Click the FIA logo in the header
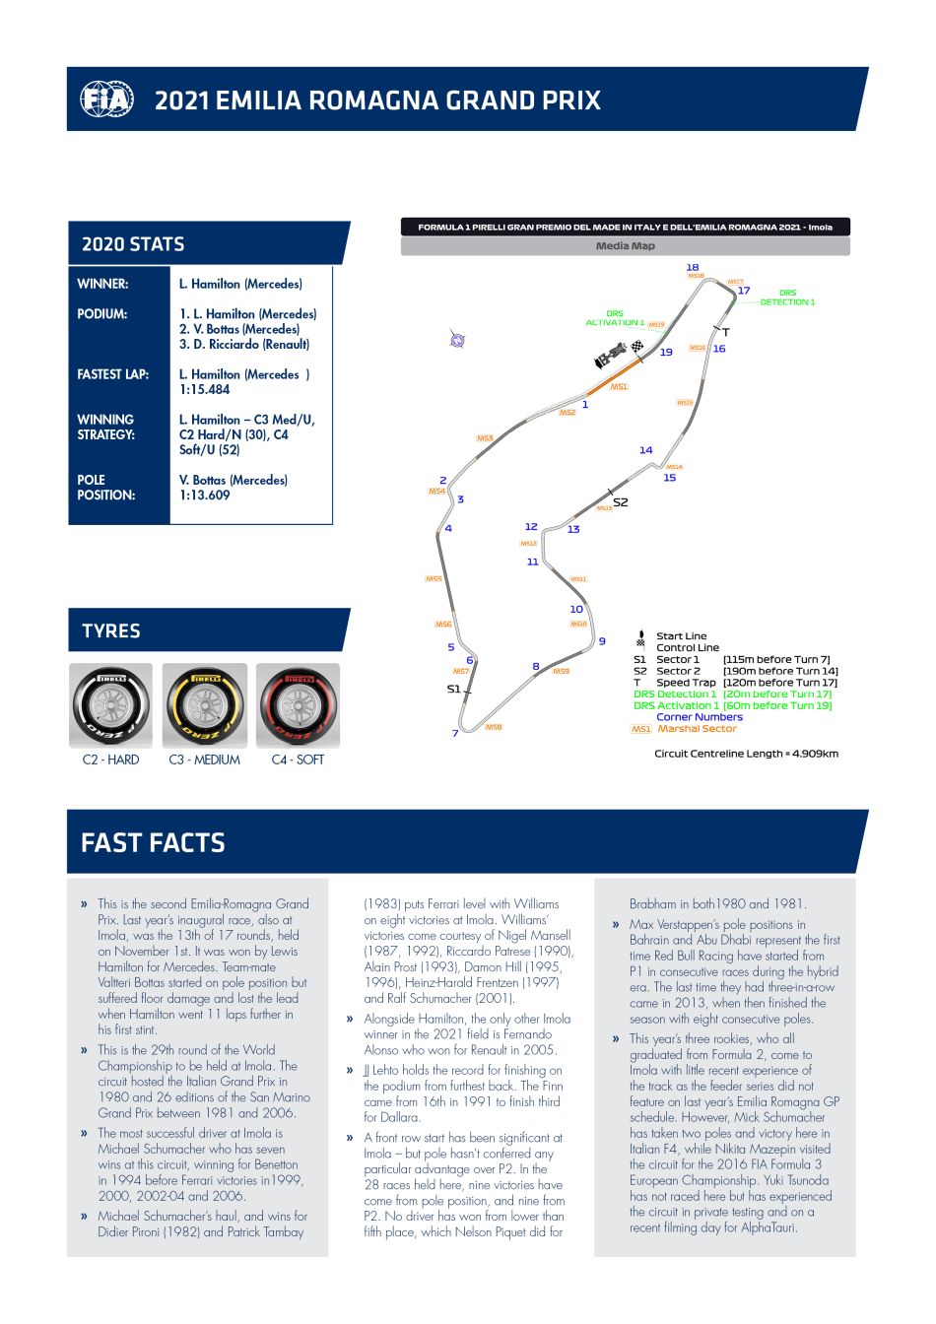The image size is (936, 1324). (x=106, y=99)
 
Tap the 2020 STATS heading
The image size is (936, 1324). (x=133, y=244)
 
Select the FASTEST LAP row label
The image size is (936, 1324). (x=112, y=374)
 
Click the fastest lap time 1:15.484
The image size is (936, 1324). (x=204, y=390)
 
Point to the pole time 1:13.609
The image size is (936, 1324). (x=204, y=496)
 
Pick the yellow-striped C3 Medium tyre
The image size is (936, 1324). (x=205, y=705)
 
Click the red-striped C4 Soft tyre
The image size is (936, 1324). (x=298, y=705)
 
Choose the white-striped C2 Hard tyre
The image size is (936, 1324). (x=111, y=705)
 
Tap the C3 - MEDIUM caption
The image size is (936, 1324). (x=205, y=760)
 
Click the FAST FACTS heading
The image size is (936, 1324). (x=153, y=843)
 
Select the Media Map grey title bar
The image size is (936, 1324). (x=625, y=246)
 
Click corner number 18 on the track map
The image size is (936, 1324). (x=693, y=267)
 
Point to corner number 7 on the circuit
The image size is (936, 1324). (x=455, y=733)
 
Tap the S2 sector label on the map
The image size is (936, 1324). (x=620, y=502)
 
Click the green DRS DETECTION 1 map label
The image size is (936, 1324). (x=787, y=298)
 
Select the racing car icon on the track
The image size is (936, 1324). (x=611, y=354)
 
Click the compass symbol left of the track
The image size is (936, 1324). (x=457, y=340)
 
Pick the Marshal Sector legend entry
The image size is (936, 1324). (x=697, y=729)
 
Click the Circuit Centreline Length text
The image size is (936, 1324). (x=746, y=754)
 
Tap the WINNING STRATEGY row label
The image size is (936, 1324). (x=105, y=427)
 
